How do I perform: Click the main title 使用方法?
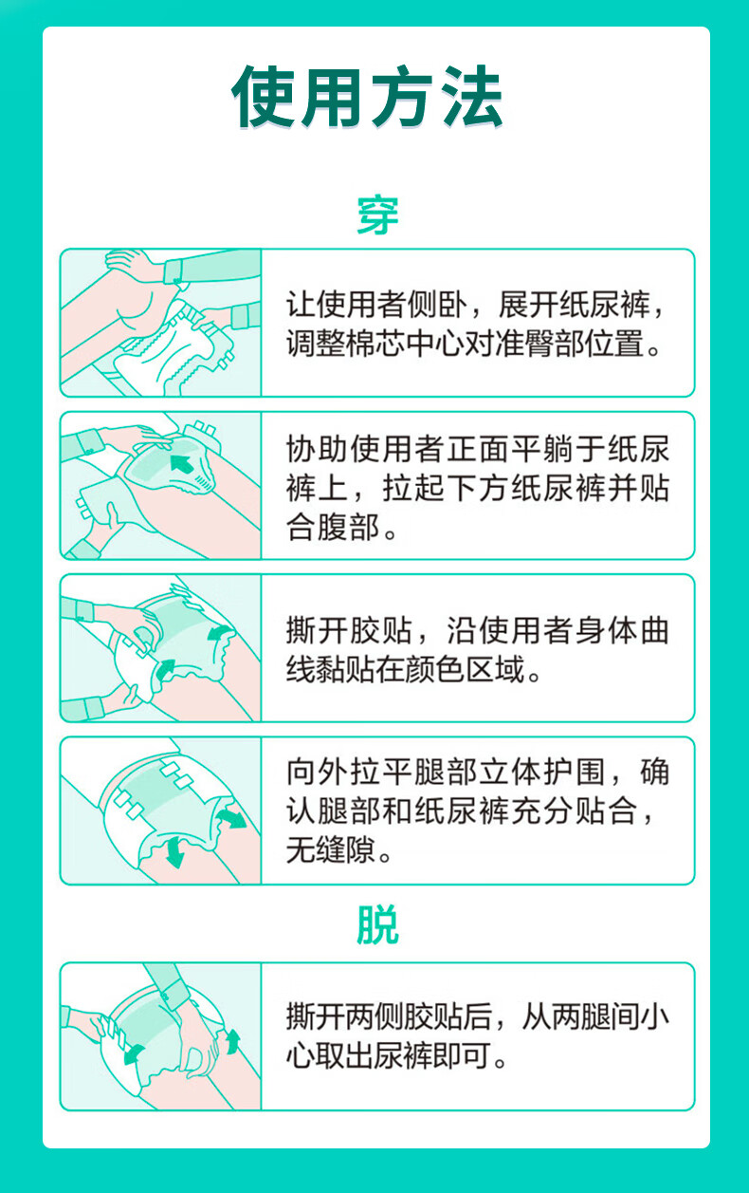click(368, 97)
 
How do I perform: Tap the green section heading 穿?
click(377, 215)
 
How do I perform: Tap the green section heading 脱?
click(377, 925)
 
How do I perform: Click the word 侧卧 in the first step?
click(437, 305)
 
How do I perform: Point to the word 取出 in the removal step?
click(345, 1055)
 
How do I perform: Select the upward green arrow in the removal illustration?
click(233, 1040)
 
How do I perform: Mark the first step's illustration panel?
click(160, 323)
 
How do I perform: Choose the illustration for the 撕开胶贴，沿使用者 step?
click(160, 647)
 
